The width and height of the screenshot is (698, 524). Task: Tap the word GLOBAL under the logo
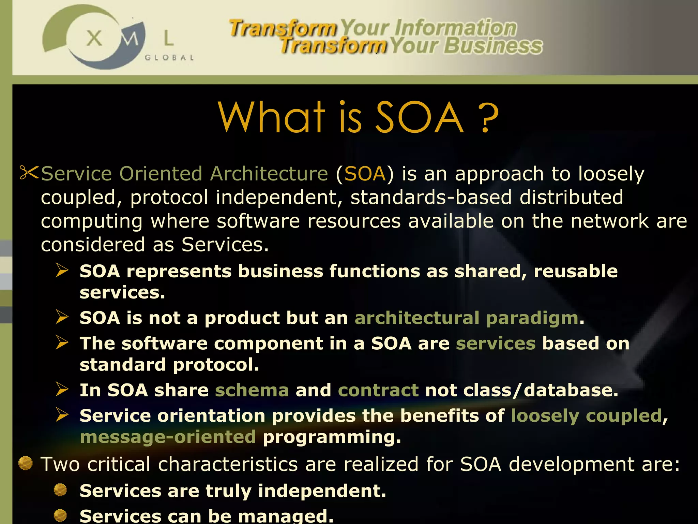coord(169,58)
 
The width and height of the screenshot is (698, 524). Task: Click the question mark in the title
coord(488,118)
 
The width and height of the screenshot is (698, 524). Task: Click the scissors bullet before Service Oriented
coord(29,173)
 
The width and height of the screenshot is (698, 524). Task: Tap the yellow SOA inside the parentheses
coord(365,174)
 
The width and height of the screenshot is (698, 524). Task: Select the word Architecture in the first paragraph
coord(269,174)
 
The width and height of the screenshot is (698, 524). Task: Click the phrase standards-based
coord(431,197)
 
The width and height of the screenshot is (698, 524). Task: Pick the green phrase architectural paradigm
coord(466,318)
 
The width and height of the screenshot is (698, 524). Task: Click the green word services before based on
coord(496,343)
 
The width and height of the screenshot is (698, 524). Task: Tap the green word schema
coord(252,390)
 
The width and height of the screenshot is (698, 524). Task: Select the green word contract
coord(378,390)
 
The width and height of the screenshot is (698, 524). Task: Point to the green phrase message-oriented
coord(168,437)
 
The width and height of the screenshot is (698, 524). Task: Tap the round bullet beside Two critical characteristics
coord(25,463)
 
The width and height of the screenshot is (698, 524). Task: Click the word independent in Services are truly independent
coord(321,491)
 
